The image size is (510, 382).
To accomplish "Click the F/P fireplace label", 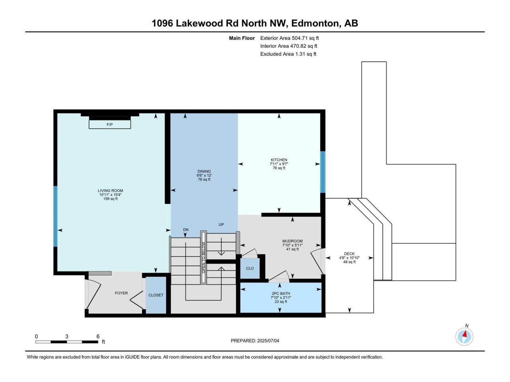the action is (x=110, y=125).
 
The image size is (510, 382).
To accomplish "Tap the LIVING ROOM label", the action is (x=110, y=191).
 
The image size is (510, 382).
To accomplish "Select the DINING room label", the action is (x=204, y=172).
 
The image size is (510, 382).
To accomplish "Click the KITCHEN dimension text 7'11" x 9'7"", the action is (x=279, y=164).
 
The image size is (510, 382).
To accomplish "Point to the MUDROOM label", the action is (x=292, y=241).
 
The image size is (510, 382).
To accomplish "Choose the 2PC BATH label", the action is (x=280, y=293).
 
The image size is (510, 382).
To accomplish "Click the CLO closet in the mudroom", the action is (x=250, y=268).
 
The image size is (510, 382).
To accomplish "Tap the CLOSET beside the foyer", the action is (x=156, y=295).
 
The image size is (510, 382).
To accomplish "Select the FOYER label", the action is (x=121, y=293).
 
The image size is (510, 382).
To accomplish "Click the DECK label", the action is (x=349, y=254).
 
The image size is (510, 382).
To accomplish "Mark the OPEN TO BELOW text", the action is (x=204, y=258).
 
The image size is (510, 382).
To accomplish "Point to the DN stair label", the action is (x=186, y=230).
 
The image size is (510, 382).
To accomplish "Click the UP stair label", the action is (x=221, y=224).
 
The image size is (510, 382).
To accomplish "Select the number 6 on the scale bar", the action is (x=98, y=336).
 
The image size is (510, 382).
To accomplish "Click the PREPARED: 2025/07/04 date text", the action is (x=255, y=341).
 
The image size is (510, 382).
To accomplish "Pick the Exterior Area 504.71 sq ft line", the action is (x=289, y=38).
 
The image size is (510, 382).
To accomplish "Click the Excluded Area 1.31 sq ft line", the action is (x=288, y=54).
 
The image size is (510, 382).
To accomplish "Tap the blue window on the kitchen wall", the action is (x=323, y=172).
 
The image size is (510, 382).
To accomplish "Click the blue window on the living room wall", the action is (x=55, y=216).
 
